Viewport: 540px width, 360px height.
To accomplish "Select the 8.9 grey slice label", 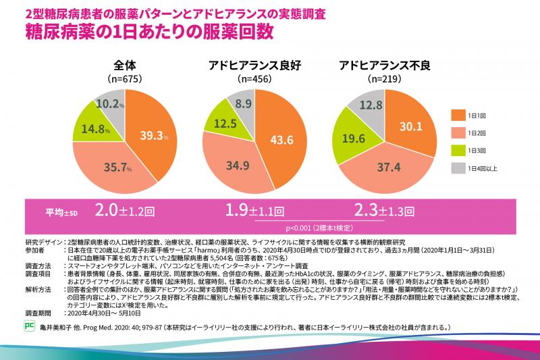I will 244,103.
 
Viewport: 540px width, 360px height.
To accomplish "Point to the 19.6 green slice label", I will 353,136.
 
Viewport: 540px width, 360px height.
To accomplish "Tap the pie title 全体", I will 126,66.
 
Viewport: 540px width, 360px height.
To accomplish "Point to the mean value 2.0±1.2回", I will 123,209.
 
